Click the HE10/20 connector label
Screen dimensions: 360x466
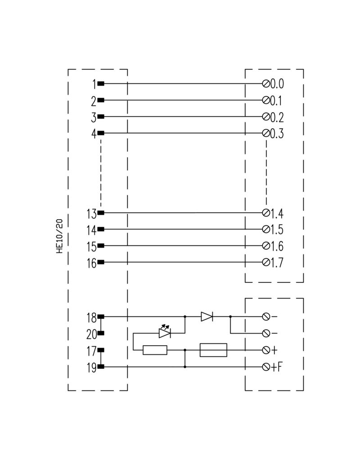59,236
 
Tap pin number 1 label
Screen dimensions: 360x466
94,84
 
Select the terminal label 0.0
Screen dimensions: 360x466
277,84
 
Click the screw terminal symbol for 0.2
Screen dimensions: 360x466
266,117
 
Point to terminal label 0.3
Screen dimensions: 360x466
277,133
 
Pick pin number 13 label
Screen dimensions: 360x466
91,214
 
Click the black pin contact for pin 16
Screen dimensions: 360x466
101,262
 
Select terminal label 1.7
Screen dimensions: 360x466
277,263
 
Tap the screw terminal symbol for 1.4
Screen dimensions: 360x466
266,213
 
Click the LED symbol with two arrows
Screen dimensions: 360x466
165,331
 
